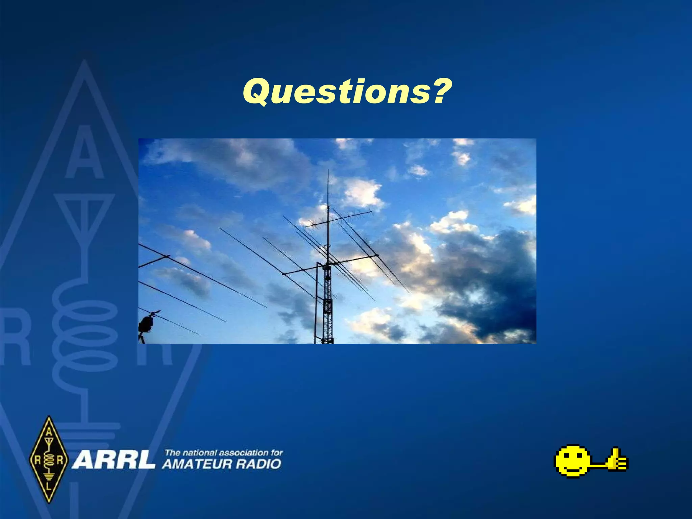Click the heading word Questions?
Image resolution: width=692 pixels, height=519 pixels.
point(347,92)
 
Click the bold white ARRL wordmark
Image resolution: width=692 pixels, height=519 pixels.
point(113,460)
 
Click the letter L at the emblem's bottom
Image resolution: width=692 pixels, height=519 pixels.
point(49,487)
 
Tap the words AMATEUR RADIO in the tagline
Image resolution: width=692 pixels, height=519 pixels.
point(221,464)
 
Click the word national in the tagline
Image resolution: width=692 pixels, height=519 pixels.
point(199,452)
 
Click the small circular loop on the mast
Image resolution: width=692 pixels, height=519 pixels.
point(326,247)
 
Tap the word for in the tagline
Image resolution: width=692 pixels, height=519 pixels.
point(277,452)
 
